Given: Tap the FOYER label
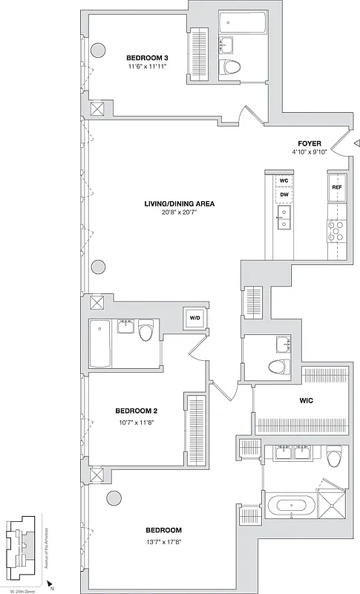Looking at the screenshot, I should click(310, 143).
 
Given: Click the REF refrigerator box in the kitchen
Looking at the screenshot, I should click(337, 188).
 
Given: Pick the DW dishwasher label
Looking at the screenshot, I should click(284, 195).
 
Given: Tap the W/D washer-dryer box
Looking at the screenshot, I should click(195, 318).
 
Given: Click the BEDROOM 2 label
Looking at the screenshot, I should click(136, 411).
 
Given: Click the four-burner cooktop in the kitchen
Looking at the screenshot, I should click(336, 230).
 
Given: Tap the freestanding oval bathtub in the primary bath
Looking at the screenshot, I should click(291, 506).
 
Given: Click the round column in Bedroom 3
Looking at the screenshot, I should click(97, 50).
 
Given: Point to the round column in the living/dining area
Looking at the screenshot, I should click(98, 267).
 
